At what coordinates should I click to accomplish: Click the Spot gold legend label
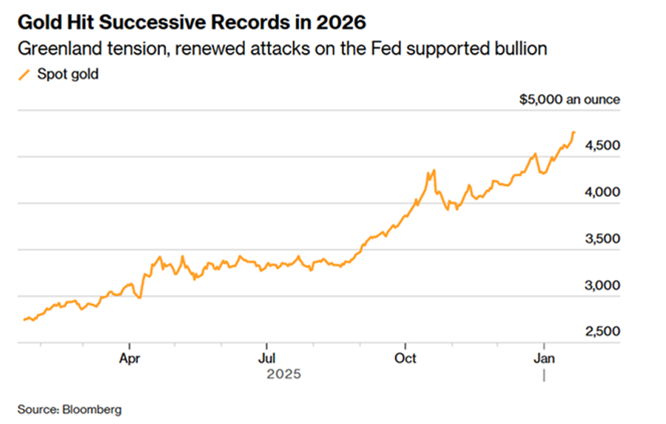[73, 75]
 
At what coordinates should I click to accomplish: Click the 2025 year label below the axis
[283, 375]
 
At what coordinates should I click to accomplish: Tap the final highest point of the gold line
[573, 132]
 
